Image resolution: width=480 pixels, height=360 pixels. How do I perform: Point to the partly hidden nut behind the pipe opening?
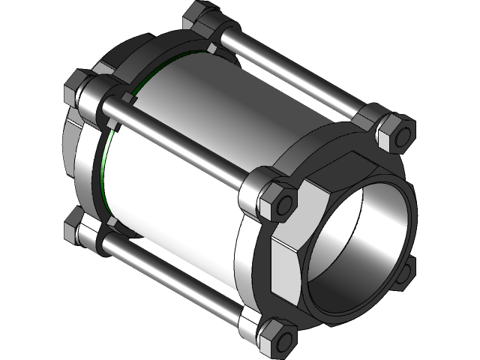pyautogui.click(x=406, y=270)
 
